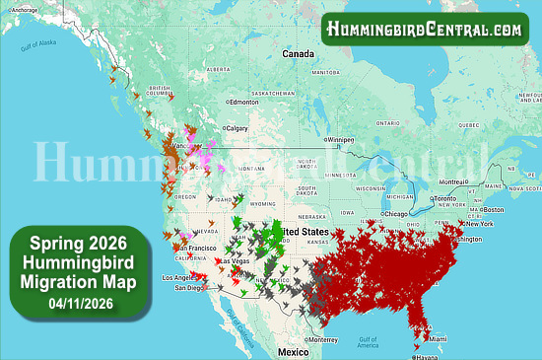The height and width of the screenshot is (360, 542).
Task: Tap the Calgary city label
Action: click(x=237, y=128)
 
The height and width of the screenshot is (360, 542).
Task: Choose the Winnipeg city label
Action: click(x=341, y=139)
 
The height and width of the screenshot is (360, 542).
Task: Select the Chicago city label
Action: click(x=396, y=214)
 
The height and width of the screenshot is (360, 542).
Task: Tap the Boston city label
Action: click(x=493, y=209)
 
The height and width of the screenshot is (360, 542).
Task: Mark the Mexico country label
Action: click(x=293, y=351)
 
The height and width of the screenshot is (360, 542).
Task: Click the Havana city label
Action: click(x=429, y=357)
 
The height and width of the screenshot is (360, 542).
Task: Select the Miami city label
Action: click(x=438, y=338)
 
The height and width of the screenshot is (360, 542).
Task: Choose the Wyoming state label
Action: click(x=263, y=203)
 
